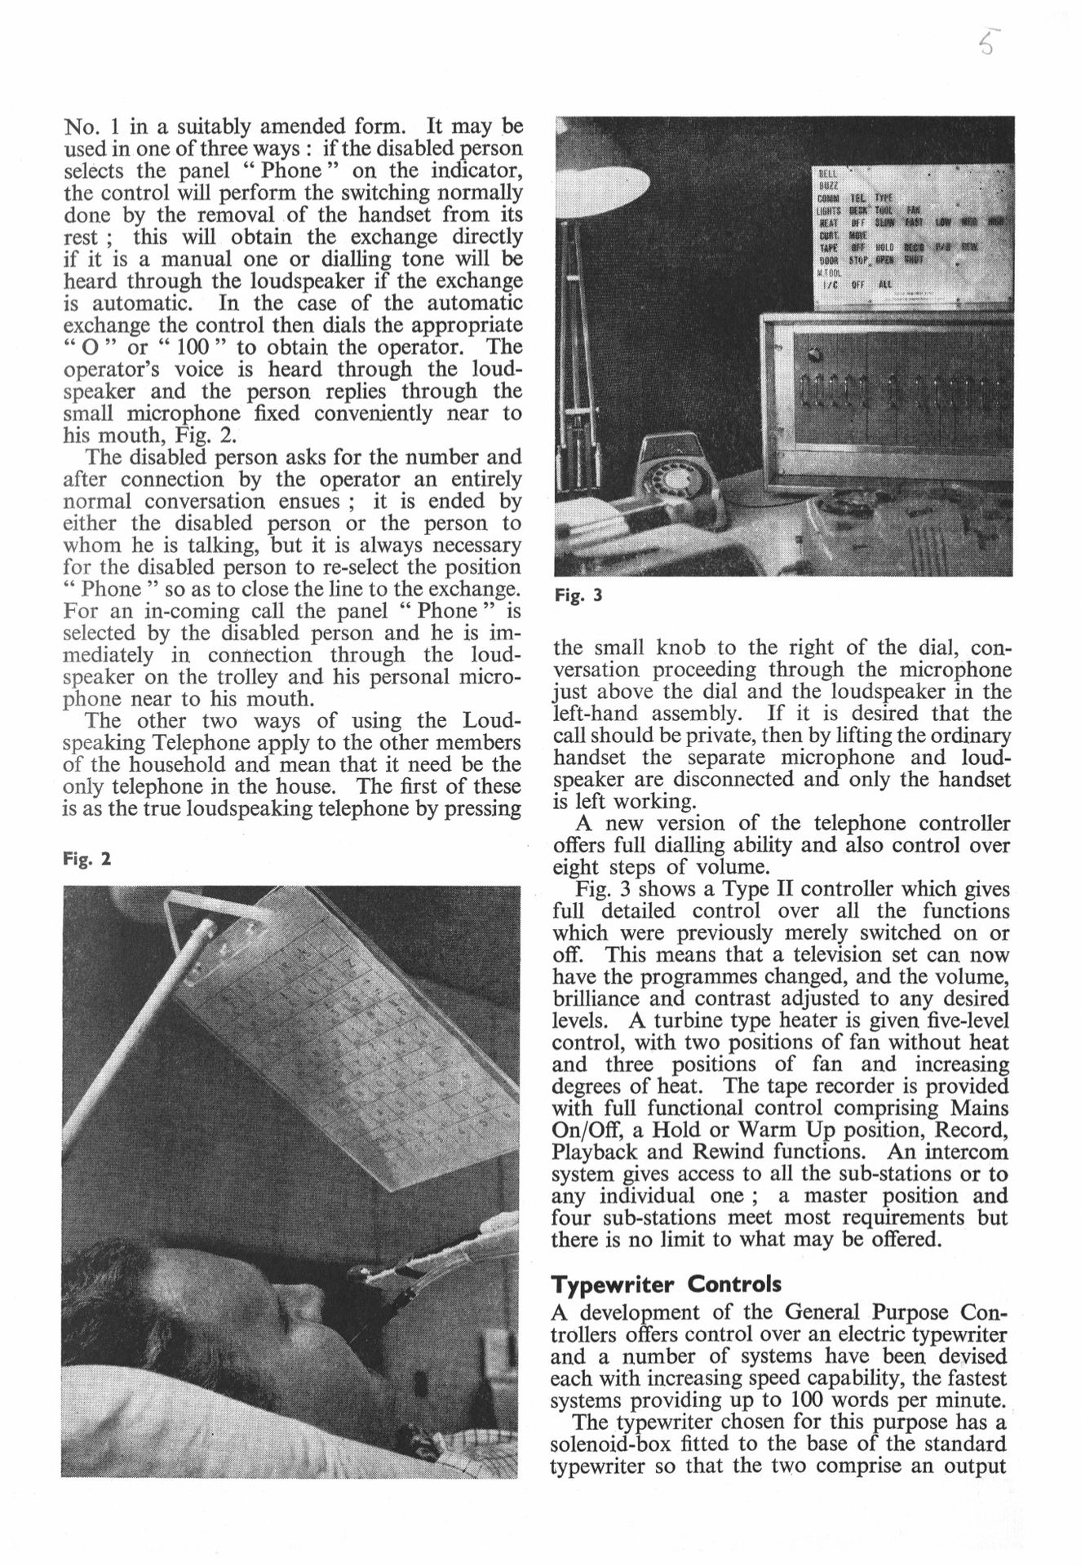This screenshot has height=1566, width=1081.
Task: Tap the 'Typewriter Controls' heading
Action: (666, 1284)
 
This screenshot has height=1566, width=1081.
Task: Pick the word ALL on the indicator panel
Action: (885, 285)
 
